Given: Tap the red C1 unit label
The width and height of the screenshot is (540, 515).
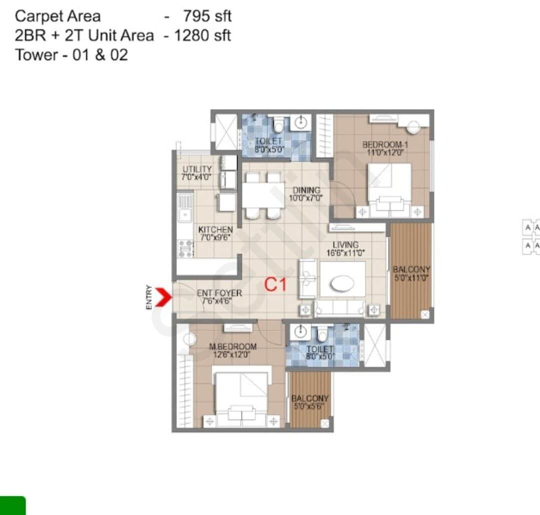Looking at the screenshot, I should [x=275, y=285].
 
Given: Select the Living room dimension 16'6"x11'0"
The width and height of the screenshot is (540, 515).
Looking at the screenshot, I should [x=345, y=252].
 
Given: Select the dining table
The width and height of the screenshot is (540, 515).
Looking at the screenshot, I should [x=263, y=195].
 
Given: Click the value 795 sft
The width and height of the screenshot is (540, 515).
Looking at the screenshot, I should [x=207, y=16].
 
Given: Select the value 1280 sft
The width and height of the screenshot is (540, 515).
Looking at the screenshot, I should [x=202, y=35].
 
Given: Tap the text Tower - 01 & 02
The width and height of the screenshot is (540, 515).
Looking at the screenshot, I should [x=71, y=54].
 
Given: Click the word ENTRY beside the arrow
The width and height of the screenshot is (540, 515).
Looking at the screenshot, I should [x=149, y=297].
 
